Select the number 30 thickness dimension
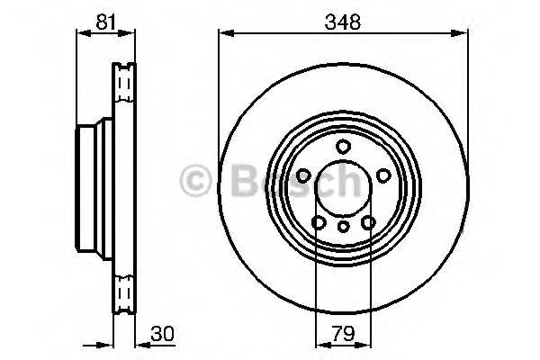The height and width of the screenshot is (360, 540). click(161, 332)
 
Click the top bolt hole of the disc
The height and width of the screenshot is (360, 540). click(343, 147)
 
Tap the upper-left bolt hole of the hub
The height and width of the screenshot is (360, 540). click(304, 175)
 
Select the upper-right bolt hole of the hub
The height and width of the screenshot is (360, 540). click(382, 175)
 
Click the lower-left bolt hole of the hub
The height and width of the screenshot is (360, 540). click(319, 221)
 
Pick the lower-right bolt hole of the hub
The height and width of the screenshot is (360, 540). click(367, 221)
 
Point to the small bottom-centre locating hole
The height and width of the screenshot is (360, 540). click(343, 229)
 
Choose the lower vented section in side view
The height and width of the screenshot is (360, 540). click(122, 292)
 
